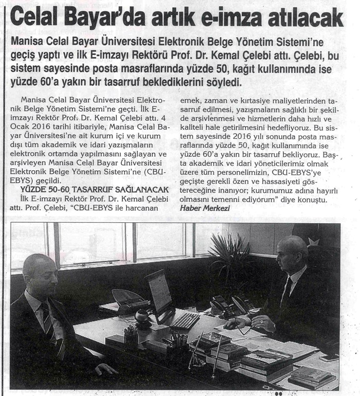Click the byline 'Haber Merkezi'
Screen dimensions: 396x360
[x=198, y=207]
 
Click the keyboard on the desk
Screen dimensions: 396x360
[x=185, y=320]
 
